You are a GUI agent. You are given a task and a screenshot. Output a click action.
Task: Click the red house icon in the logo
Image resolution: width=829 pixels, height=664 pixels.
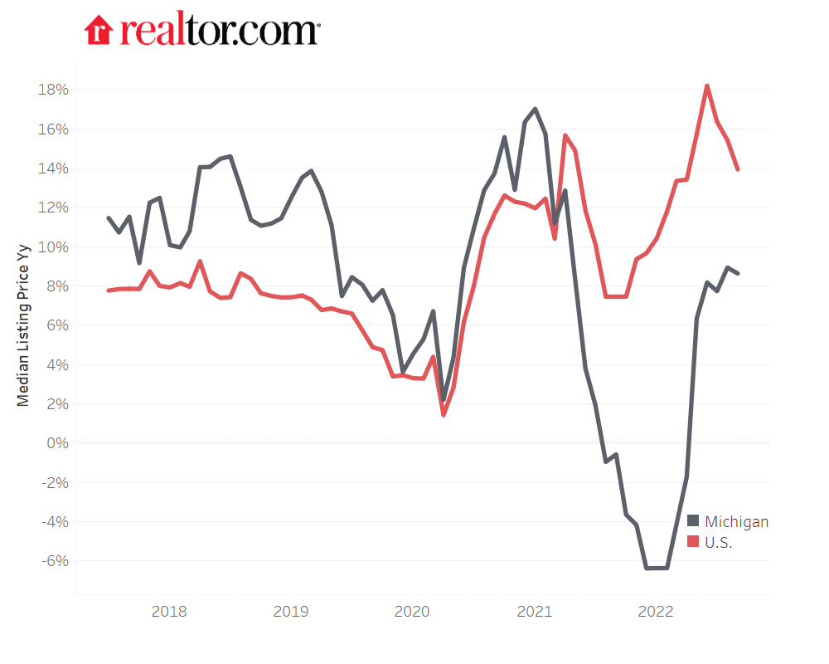[99, 30]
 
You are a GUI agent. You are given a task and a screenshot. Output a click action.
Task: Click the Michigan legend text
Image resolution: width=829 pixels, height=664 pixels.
[736, 522]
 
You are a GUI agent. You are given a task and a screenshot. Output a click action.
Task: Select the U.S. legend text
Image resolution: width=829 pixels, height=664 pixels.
[719, 543]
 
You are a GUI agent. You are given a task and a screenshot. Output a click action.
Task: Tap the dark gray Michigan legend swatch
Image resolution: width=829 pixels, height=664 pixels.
[694, 522]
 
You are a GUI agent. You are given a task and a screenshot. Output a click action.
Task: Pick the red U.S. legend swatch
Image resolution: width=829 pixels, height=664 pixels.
[694, 543]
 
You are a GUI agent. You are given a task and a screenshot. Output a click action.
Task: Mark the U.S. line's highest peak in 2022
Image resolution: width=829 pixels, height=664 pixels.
[706, 85]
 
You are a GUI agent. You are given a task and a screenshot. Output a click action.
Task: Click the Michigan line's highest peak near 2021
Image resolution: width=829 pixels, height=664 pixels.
[535, 109]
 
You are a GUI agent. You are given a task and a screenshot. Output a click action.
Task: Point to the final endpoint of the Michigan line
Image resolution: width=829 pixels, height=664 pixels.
[738, 273]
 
